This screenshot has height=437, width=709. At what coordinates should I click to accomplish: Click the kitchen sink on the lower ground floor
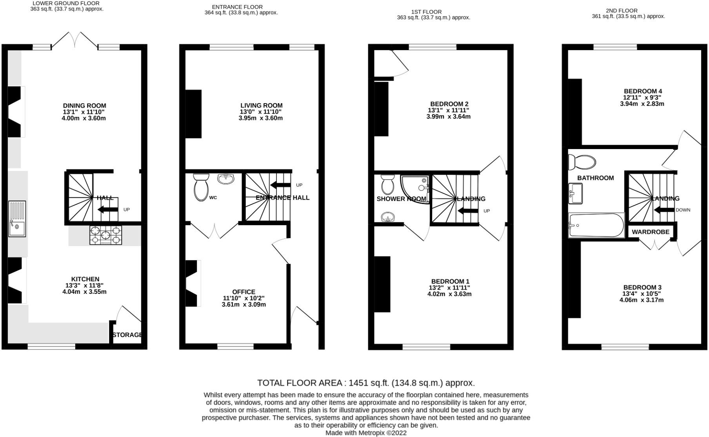tap(17, 219)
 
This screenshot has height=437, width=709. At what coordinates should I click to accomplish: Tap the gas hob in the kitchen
tap(105, 235)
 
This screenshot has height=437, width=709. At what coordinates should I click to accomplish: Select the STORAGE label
tap(127, 335)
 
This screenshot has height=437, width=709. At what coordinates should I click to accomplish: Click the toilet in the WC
tap(202, 188)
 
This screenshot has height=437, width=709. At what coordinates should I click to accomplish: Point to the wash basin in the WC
tap(225, 179)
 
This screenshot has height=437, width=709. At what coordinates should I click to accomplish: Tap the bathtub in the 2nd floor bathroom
tap(596, 226)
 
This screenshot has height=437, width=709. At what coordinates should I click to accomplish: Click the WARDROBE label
tap(651, 232)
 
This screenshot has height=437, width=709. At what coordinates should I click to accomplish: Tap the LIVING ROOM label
tap(261, 106)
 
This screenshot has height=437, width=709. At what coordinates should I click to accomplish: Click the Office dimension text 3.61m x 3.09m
tap(244, 304)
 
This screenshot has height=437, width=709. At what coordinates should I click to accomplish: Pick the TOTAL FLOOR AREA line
tap(366, 383)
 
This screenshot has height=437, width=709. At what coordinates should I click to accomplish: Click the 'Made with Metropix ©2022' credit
tap(366, 433)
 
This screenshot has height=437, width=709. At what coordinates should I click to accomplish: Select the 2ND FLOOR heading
tap(629, 11)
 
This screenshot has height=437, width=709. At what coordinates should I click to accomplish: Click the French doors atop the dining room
tap(75, 40)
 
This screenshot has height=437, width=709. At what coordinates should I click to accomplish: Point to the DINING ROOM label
tap(84, 106)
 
